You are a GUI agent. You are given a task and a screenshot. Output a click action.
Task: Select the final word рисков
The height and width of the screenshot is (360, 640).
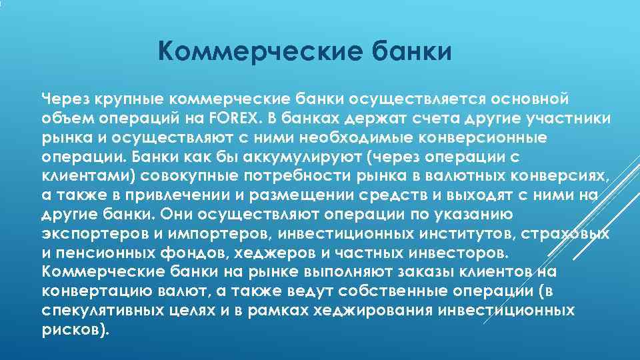click(73, 330)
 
